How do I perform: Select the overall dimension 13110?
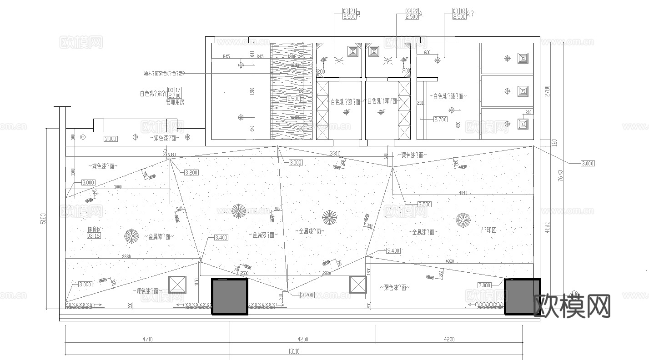[293, 351]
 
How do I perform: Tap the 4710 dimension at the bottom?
[147, 339]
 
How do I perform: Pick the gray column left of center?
[230, 297]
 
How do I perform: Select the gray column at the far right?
[522, 297]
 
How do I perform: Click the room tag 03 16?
[93, 235]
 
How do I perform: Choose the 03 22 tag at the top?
[411, 10]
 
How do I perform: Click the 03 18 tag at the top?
[459, 10]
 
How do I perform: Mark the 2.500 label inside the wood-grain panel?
[293, 99]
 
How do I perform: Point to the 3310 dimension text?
[335, 153]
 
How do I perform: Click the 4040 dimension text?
[463, 193]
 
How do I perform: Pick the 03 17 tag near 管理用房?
[174, 90]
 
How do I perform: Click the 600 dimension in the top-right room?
[427, 52]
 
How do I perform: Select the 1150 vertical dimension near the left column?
[196, 282]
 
